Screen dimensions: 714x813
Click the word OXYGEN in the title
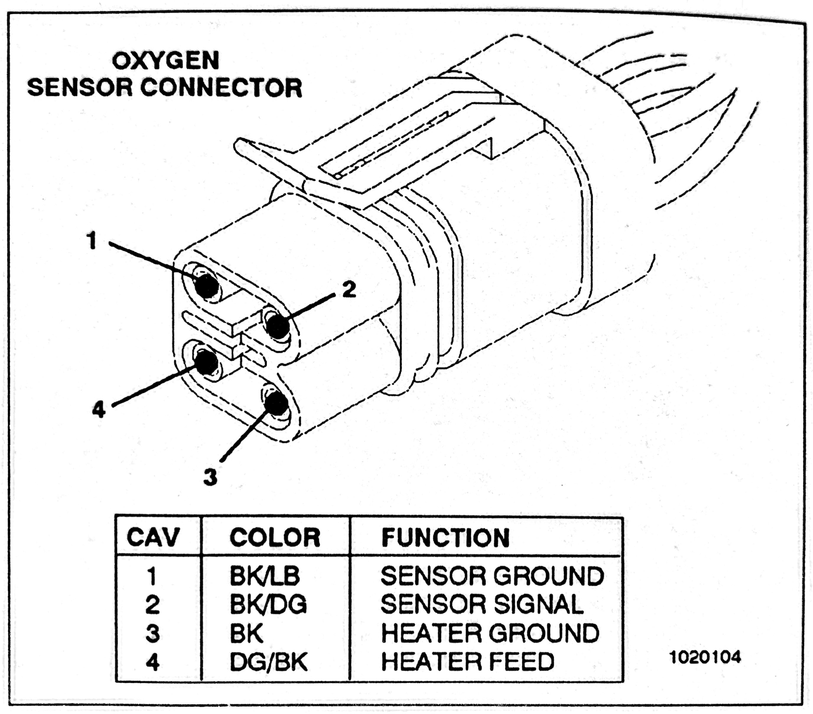tap(165, 61)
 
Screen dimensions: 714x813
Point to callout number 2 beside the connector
tap(349, 289)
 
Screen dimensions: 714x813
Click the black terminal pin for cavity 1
tap(207, 285)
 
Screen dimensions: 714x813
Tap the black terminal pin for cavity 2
tap(277, 325)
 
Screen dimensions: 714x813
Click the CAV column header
tap(153, 537)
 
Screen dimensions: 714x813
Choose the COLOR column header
tap(275, 537)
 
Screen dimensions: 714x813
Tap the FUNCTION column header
tap(445, 538)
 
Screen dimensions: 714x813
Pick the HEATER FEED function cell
tap(467, 662)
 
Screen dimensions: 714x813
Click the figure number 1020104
tap(705, 657)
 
